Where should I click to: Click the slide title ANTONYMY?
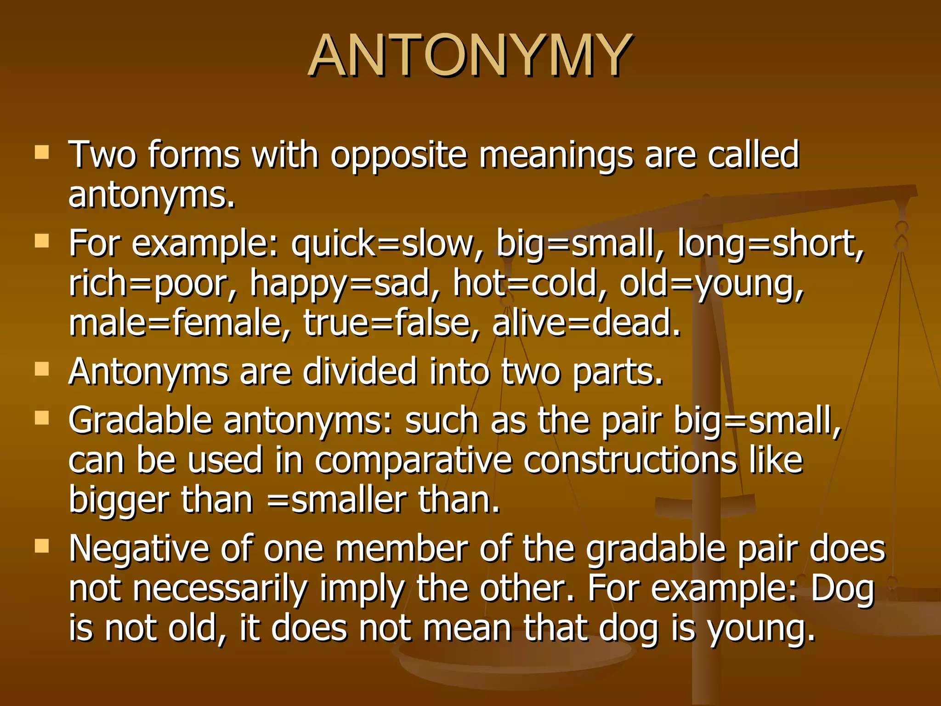(x=470, y=56)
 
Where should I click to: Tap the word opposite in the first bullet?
(x=398, y=155)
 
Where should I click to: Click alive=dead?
(x=586, y=323)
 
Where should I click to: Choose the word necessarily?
(x=220, y=589)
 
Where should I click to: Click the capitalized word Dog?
(x=843, y=589)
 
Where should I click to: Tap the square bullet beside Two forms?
(x=42, y=152)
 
